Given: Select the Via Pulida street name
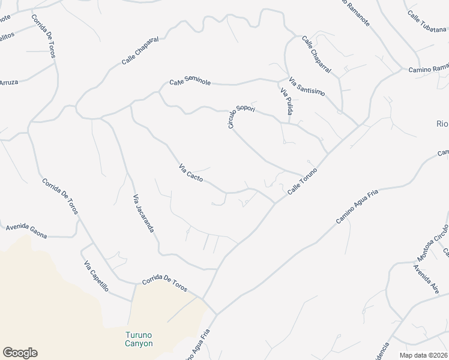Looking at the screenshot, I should point(287,101).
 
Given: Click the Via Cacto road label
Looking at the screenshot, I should point(191,173).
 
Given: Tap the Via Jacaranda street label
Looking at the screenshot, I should point(143,213).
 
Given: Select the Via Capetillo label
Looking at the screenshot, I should point(96,277).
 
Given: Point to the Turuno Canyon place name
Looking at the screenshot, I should point(139,339).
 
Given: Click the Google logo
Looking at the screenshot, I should point(20,353).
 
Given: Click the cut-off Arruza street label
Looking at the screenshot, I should point(9,82).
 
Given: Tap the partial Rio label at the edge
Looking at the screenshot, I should point(442,124).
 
